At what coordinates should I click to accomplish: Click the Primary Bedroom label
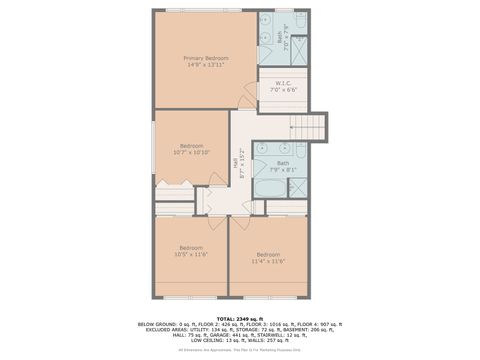[205, 58]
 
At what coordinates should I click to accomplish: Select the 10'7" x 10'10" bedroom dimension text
[191, 153]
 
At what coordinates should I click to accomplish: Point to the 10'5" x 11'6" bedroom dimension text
[191, 255]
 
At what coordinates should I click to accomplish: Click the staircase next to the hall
[310, 128]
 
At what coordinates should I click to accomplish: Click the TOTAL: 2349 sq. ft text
[239, 317]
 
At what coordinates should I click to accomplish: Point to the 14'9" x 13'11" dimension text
[205, 65]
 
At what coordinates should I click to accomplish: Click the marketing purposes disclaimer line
[239, 349]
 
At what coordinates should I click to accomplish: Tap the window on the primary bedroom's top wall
[205, 10]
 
